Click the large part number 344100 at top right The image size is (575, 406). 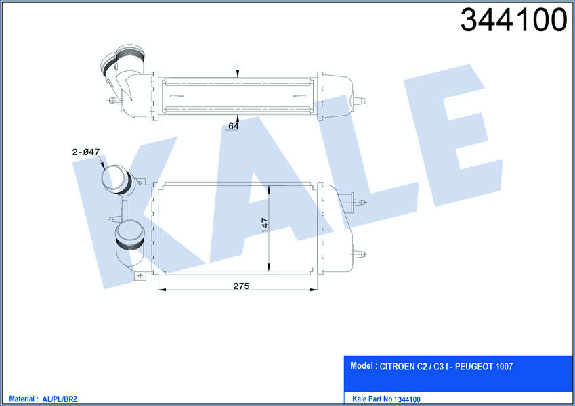tap(513, 20)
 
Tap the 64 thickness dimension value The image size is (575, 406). tap(234, 126)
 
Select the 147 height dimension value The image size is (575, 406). tap(265, 225)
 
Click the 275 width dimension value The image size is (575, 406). tap(241, 286)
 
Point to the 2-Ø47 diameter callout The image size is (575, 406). tap(86, 152)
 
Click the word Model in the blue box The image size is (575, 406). tap(362, 365)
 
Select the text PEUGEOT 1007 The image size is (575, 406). tap(484, 367)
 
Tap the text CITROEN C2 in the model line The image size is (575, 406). tap(403, 367)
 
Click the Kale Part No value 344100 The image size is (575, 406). tap(409, 399)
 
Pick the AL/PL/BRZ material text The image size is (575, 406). tap(60, 399)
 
